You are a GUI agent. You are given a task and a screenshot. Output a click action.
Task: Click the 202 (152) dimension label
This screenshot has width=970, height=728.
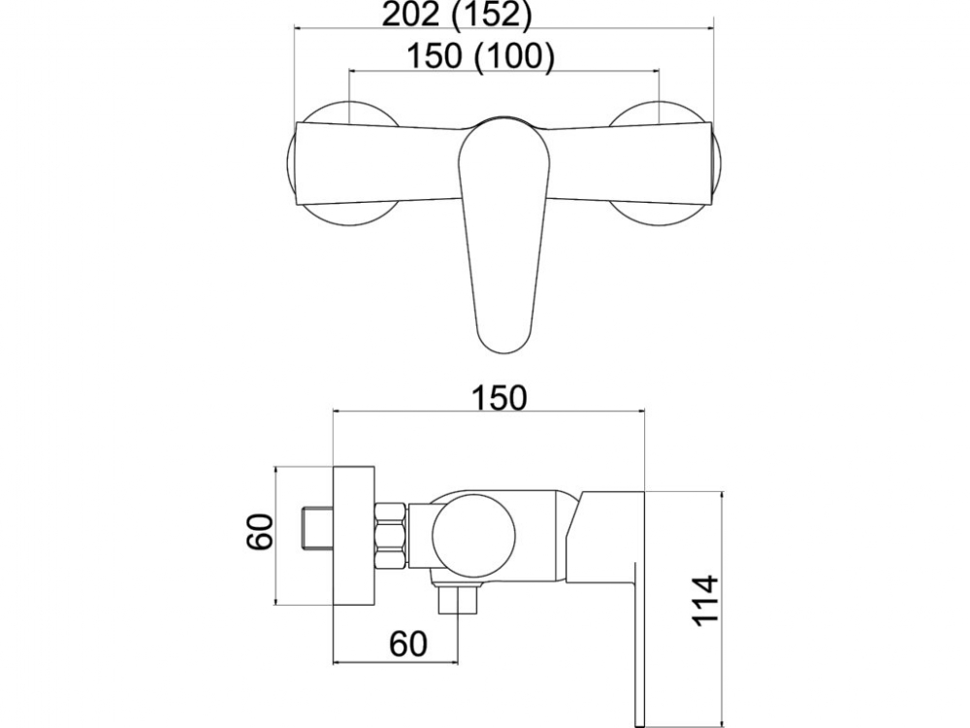457,15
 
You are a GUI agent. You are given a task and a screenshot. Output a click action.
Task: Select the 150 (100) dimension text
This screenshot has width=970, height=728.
480,56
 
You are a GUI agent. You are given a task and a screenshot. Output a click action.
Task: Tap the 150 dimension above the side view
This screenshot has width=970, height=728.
500,398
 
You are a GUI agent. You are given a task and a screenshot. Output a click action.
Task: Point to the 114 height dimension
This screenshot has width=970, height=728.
704,601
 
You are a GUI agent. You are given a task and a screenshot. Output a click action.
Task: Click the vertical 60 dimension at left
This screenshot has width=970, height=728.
260,532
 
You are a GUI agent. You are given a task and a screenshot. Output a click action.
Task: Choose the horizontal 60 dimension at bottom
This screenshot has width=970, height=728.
408,644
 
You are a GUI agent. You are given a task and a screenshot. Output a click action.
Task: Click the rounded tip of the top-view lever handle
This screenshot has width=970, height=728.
504,344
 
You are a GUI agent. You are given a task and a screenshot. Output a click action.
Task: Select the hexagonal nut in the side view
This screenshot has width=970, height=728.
391,536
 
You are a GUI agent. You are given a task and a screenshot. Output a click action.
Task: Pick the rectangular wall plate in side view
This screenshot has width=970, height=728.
354,535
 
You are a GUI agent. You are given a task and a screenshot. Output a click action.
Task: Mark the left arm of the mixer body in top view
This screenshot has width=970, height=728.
377,164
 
